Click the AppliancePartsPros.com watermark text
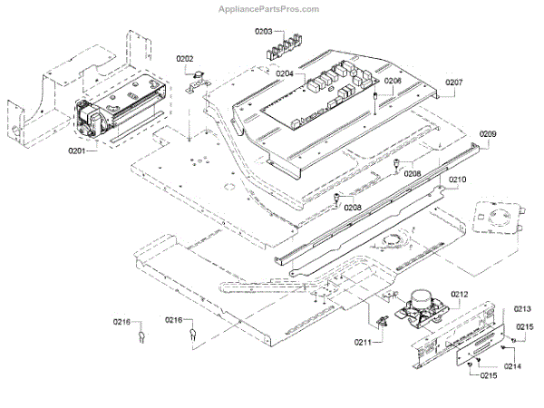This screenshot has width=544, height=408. coord(269,9)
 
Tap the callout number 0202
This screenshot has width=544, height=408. coord(185,60)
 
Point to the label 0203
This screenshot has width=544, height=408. coord(263,32)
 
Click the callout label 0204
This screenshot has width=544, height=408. coord(285,73)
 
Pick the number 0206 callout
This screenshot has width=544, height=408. coord(392,81)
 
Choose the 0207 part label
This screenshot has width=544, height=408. coord(453,83)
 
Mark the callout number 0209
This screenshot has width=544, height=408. coord(487,134)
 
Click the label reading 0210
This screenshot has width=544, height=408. coord(457,180)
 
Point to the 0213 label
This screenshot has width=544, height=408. coord(522,309)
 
